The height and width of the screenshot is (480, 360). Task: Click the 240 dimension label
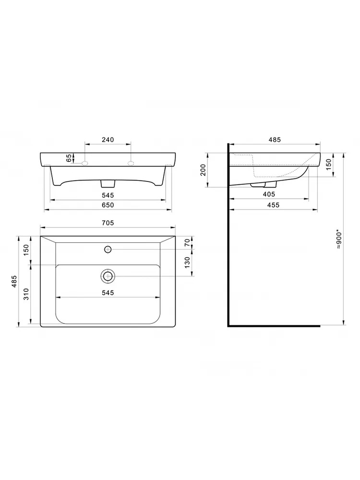[x=108, y=140]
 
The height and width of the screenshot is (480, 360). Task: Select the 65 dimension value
[x=70, y=158]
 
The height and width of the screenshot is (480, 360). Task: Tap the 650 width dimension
[x=108, y=205]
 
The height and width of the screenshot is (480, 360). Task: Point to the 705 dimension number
[x=108, y=223]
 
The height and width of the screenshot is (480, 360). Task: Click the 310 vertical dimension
[x=26, y=294]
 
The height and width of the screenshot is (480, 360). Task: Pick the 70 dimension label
[x=187, y=243]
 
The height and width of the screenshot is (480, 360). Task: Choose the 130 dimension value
[x=187, y=263]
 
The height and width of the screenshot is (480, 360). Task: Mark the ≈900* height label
[x=338, y=239]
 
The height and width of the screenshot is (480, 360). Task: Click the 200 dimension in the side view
[x=203, y=170]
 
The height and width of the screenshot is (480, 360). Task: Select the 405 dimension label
[x=269, y=194]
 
